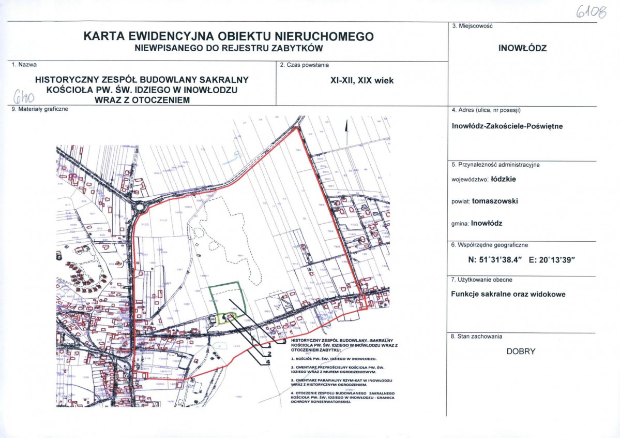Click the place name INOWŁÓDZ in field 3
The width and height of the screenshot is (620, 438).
coord(522,49)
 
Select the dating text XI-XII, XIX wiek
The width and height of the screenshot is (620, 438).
coord(362,80)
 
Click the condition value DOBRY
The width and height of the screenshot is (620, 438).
coord(521,352)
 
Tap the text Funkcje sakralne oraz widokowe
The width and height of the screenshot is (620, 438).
coord(508,294)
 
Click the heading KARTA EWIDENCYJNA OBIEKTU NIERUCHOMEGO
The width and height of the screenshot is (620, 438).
coord(228,37)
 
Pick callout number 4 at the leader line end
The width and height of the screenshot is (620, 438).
coord(268,362)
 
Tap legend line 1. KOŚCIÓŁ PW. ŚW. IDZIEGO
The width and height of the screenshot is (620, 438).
coord(333,358)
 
